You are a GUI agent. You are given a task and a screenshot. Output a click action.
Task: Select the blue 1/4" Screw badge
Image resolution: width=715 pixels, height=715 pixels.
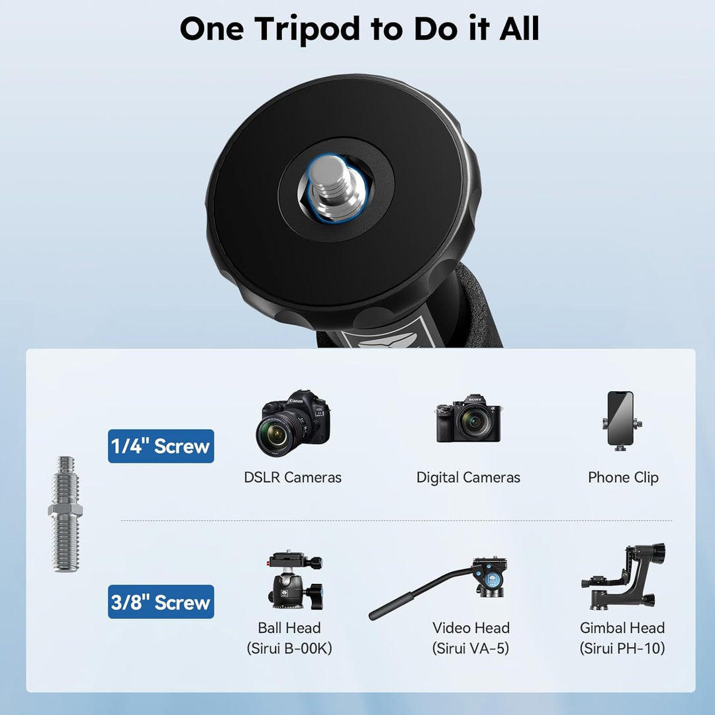tap(161, 446)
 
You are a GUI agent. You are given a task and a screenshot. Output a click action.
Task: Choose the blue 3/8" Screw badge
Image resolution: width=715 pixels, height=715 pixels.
tap(161, 601)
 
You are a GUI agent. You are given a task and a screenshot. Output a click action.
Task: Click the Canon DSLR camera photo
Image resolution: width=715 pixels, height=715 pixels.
tap(293, 424)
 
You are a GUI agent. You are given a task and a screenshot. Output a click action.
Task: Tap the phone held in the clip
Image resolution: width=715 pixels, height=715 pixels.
tap(620, 418)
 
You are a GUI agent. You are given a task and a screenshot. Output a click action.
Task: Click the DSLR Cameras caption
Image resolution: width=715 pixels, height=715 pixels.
tap(293, 477)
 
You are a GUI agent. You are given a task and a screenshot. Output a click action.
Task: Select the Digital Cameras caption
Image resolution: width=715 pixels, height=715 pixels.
tap(468, 477)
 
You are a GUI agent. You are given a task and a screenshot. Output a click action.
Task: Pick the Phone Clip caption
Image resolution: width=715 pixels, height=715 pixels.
tap(624, 477)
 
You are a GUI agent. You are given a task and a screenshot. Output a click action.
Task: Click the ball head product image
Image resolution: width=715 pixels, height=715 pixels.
tap(295, 579)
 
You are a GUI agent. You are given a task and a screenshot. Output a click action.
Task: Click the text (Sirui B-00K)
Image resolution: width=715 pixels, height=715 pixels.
tap(289, 648)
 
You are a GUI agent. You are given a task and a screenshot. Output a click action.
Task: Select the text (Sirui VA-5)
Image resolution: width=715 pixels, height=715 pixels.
tap(471, 648)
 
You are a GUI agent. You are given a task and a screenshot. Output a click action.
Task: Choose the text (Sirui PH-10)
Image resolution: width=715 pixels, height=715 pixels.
tap(622, 648)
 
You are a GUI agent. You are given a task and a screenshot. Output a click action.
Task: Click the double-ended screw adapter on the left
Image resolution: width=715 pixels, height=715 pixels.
tap(66, 514)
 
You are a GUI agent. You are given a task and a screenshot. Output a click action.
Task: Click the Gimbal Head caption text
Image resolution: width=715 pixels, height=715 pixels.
tap(622, 628)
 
